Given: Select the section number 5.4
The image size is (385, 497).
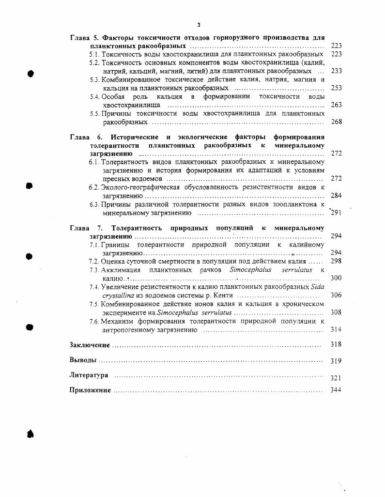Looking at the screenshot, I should click(94, 96).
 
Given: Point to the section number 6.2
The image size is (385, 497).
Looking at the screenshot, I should click(94, 187).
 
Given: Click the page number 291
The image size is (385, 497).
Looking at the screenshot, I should click(337, 213).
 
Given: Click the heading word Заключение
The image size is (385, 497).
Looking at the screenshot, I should click(90, 345).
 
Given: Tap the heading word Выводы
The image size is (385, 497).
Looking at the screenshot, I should click(83, 360).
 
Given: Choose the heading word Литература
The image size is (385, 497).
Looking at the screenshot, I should click(89, 375).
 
